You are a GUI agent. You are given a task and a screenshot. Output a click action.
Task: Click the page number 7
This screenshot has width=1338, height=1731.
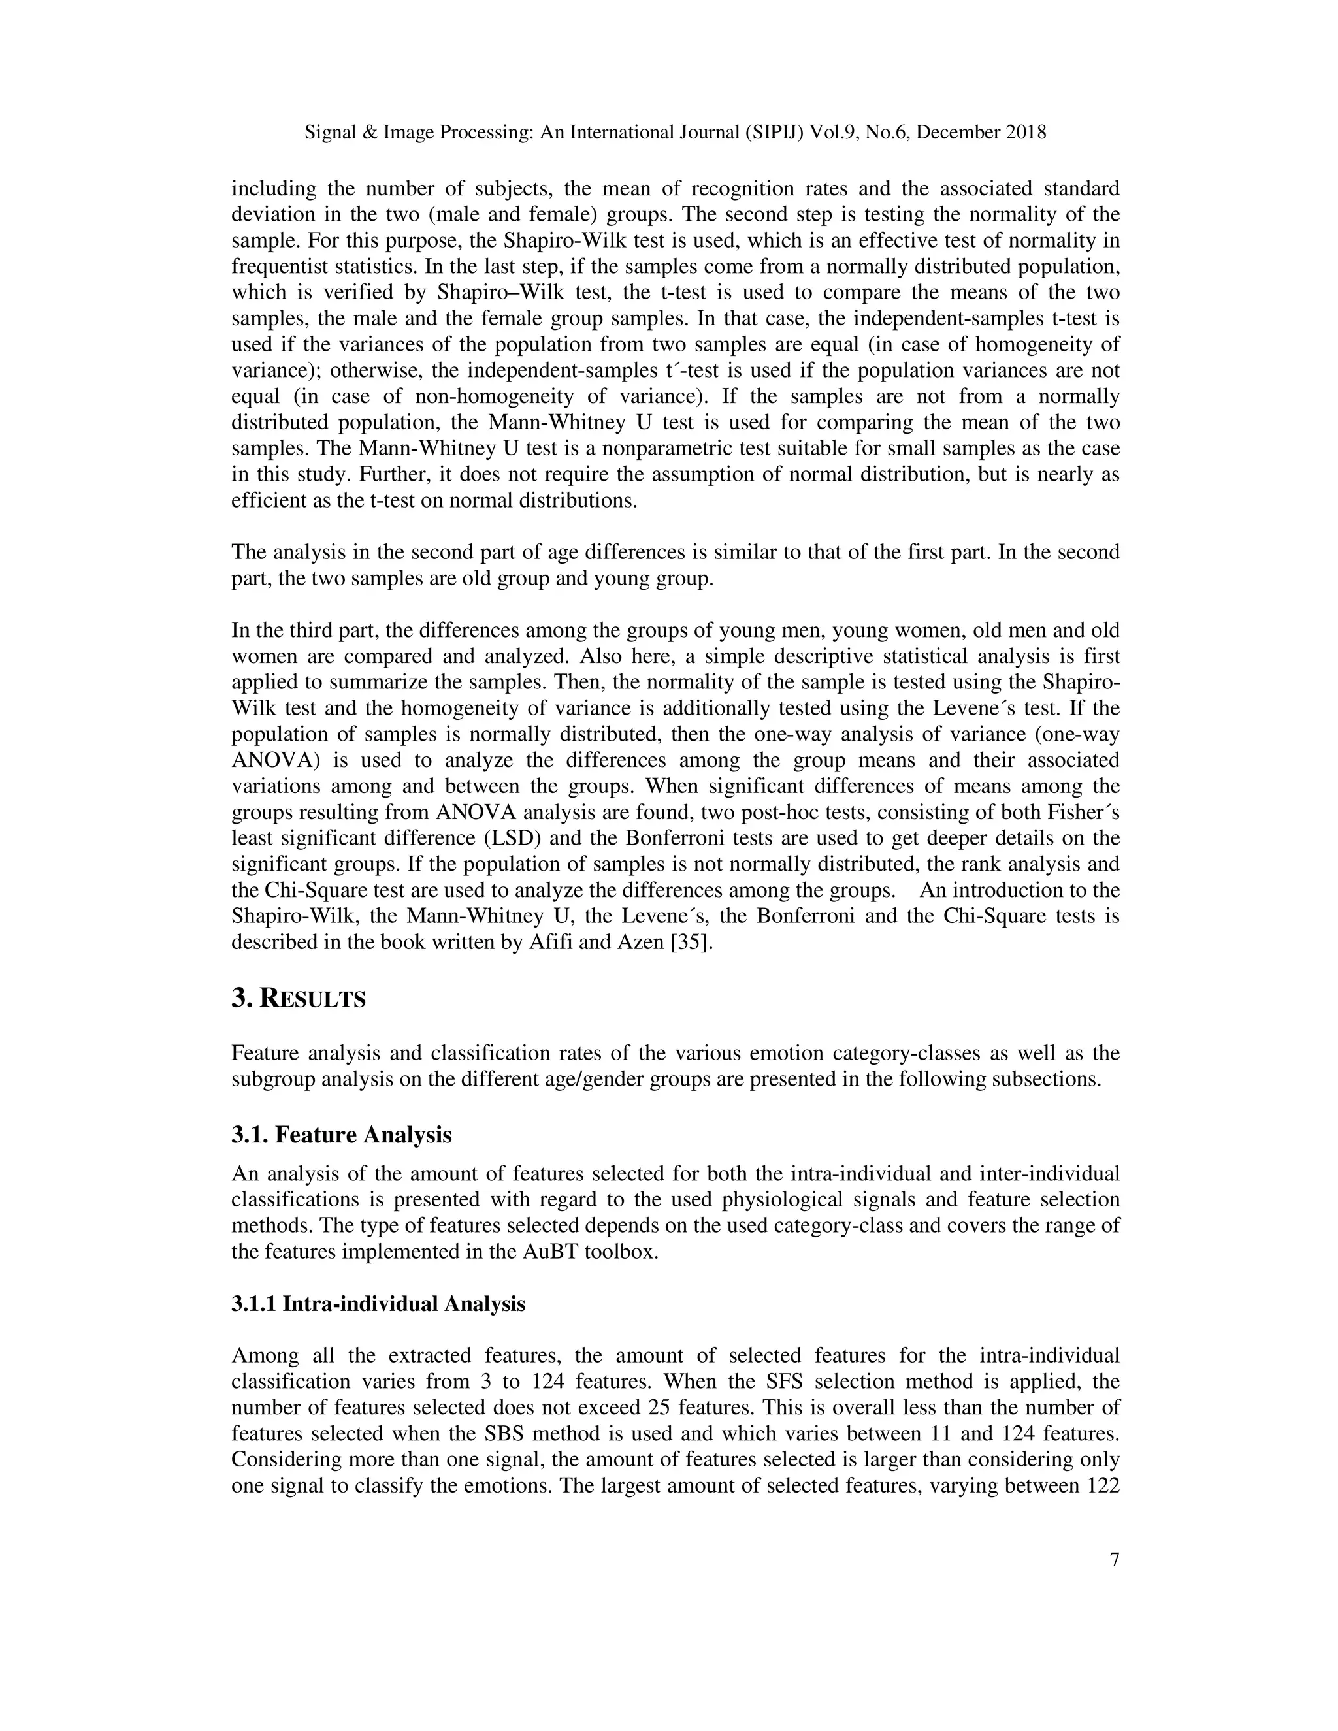(x=1115, y=1560)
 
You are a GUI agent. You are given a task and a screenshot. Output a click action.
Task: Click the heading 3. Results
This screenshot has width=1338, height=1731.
(x=298, y=999)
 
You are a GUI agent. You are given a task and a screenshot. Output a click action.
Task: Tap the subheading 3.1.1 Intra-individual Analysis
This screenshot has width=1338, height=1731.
(x=378, y=1304)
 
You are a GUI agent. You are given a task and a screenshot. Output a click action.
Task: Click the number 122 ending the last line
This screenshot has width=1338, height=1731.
(x=1100, y=1485)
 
